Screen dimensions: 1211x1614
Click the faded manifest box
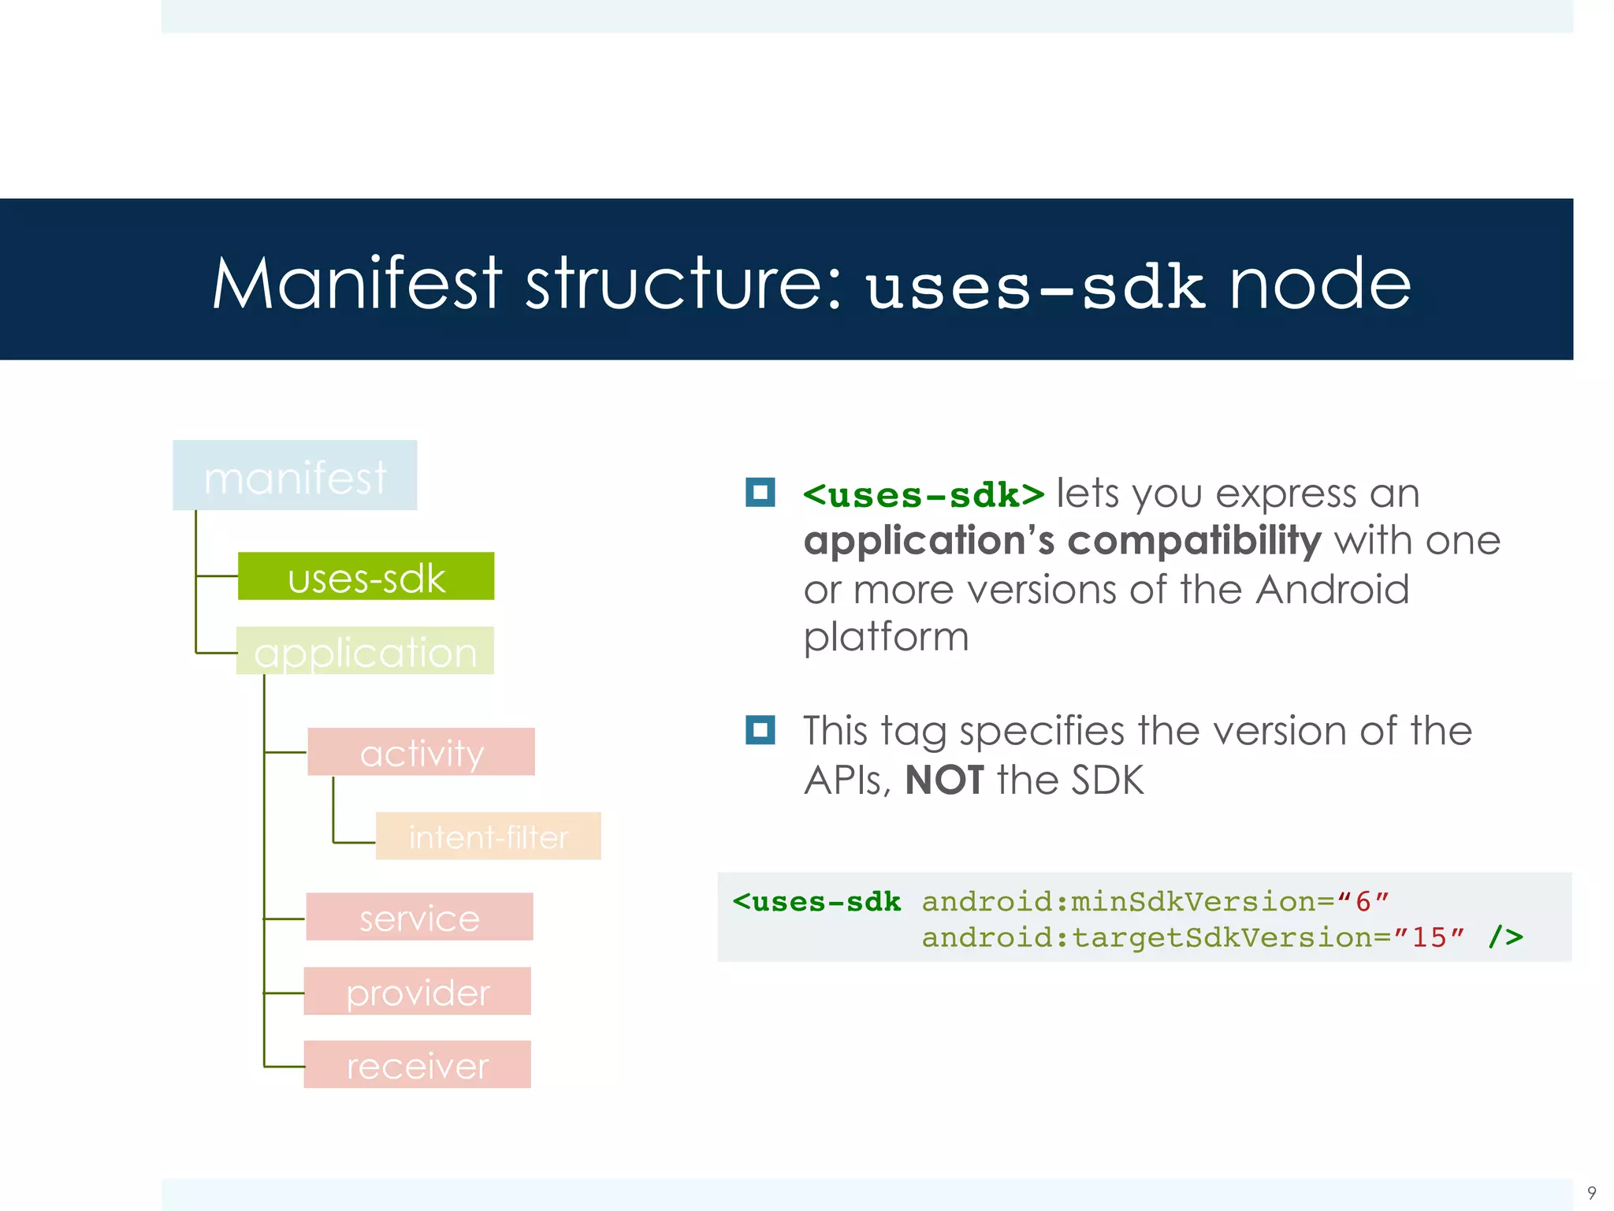pos(295,475)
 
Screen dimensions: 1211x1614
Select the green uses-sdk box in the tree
pos(366,576)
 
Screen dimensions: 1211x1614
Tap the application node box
pos(365,651)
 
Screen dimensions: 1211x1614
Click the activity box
pos(421,752)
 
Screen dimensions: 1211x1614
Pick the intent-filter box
pos(488,837)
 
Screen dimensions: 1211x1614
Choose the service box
pos(419,917)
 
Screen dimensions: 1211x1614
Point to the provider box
pos(417,992)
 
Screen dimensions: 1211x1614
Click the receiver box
pos(417,1065)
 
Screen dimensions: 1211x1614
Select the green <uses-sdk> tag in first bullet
pos(923,495)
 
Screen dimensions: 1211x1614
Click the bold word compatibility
pos(1194,542)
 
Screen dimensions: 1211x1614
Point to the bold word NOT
pos(944,781)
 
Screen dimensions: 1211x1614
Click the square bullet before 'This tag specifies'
pos(761,730)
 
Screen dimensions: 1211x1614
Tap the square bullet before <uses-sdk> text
pos(761,493)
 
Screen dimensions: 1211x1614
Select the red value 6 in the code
pos(1363,901)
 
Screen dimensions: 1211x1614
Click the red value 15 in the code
pos(1428,937)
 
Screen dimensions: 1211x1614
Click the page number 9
pos(1591,1193)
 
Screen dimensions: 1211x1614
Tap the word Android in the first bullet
pos(1332,590)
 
